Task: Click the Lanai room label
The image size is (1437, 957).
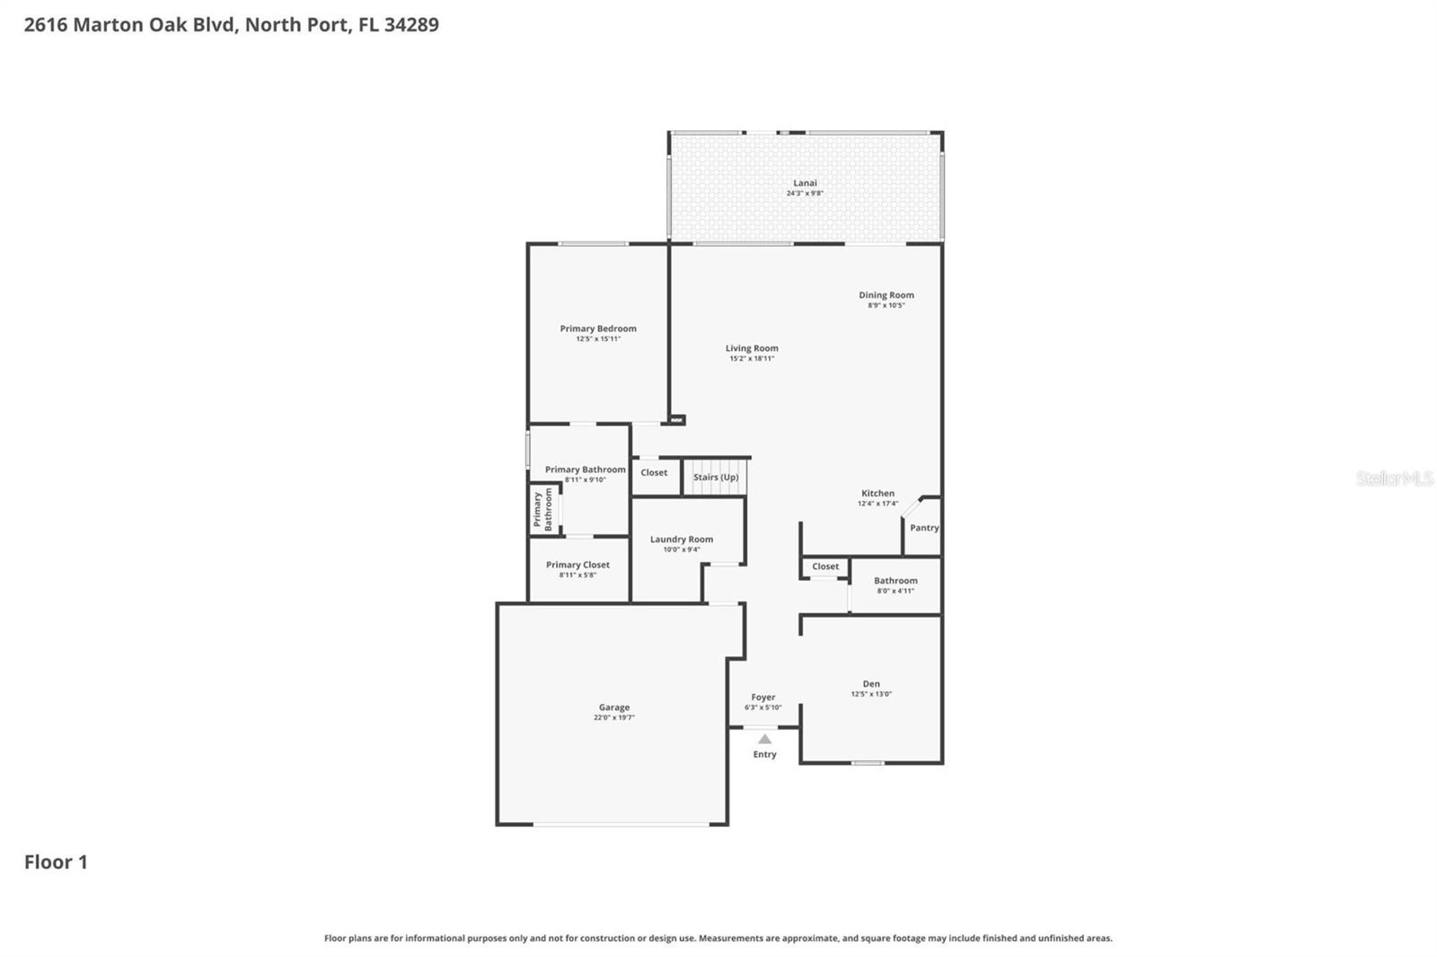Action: click(805, 183)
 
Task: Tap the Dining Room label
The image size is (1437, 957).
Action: click(886, 294)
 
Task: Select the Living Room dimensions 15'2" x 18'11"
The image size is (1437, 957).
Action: click(752, 358)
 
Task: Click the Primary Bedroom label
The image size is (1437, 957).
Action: click(598, 329)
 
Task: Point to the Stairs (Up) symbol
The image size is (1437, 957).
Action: click(716, 477)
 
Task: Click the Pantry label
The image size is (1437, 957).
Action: click(924, 528)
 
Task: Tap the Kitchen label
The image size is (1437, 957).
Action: click(877, 493)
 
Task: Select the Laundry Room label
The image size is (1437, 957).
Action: click(682, 540)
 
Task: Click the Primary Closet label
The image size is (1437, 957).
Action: click(577, 565)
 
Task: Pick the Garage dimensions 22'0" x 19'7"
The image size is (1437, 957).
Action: click(614, 717)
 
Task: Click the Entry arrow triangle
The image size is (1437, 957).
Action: click(764, 740)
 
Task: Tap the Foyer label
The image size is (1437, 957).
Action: click(763, 697)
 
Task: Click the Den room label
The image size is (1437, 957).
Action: click(871, 683)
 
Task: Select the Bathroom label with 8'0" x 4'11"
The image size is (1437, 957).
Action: click(895, 581)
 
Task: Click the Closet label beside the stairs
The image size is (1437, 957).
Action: click(654, 472)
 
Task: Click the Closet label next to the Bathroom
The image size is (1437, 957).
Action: click(825, 566)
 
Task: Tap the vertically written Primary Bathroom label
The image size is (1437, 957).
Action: click(542, 510)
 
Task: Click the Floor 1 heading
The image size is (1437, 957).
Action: click(56, 862)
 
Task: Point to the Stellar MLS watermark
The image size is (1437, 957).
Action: click(1394, 478)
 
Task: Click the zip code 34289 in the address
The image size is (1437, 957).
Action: click(411, 24)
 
